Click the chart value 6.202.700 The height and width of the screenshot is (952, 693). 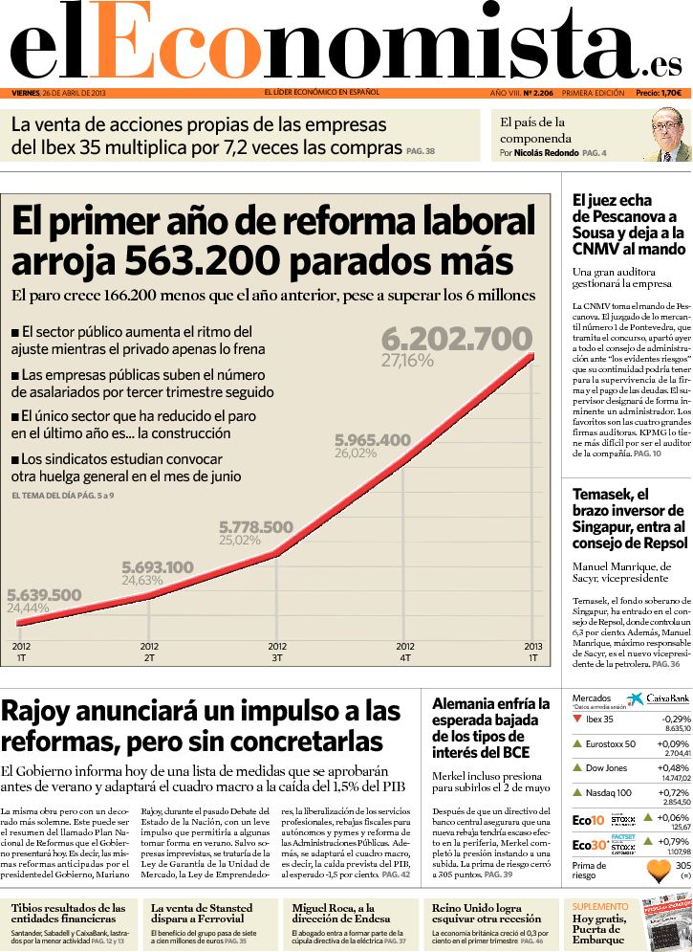(x=456, y=339)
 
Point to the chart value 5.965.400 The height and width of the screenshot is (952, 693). (x=372, y=440)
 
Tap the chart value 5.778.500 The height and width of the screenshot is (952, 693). (x=256, y=527)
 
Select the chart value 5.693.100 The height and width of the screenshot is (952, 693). (x=158, y=567)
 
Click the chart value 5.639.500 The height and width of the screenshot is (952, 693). (x=44, y=595)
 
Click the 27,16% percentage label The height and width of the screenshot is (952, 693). (x=407, y=362)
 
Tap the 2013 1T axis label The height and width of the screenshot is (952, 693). (x=532, y=653)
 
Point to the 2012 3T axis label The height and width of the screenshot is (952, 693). (x=277, y=653)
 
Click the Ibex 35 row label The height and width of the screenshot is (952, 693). (x=599, y=719)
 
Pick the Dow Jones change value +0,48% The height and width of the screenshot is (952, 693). (x=674, y=767)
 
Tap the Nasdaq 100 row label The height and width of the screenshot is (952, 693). (x=608, y=792)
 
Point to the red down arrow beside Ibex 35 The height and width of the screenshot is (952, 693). (x=576, y=719)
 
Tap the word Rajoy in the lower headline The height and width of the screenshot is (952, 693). (x=44, y=711)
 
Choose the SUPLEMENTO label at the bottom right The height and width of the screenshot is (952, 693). (x=600, y=905)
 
